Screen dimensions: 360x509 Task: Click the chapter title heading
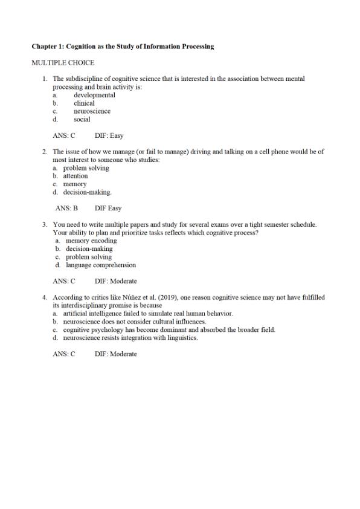(x=123, y=47)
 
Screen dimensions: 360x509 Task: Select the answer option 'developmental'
(x=94, y=95)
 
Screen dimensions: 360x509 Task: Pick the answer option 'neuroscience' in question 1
(x=92, y=111)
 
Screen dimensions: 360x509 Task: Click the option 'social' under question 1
(x=82, y=120)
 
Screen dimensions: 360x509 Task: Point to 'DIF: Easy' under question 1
(x=109, y=136)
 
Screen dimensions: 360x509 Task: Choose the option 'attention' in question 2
(x=76, y=176)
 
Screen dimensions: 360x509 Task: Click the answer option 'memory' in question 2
(x=75, y=184)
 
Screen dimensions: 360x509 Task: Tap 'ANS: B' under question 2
(x=66, y=208)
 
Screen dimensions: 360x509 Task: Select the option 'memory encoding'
(x=91, y=241)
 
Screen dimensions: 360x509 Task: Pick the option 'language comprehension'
(x=101, y=265)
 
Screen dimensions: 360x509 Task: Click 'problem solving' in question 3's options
(x=89, y=257)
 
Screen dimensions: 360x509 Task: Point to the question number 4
(x=45, y=297)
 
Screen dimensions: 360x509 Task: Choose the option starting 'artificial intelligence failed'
(x=147, y=314)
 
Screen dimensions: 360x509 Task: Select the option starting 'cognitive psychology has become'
(x=169, y=330)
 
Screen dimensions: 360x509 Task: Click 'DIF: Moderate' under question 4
(x=115, y=354)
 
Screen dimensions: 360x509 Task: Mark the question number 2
(x=45, y=152)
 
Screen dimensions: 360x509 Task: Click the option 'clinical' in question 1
(x=84, y=103)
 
